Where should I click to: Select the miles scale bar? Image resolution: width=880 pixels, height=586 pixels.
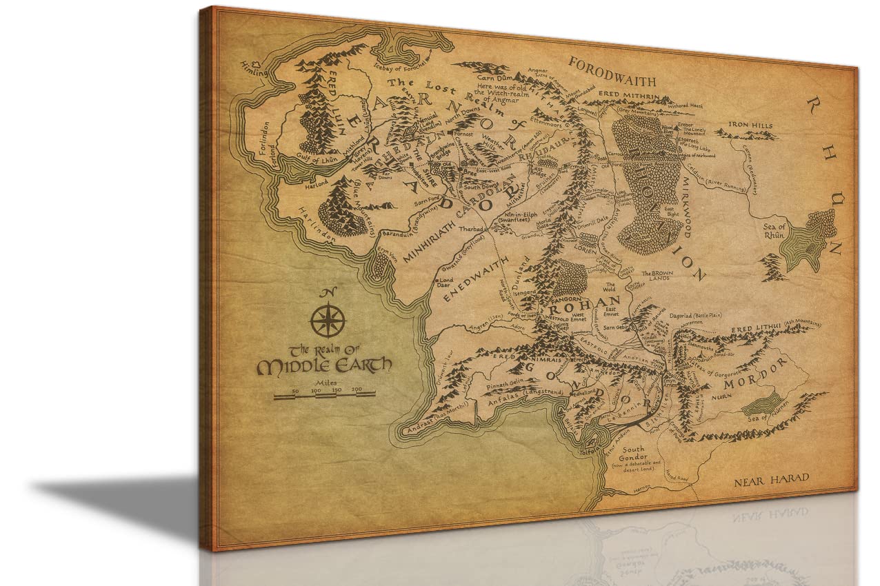pyautogui.click(x=324, y=395)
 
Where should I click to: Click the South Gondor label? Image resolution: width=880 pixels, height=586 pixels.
pyautogui.click(x=634, y=453)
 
